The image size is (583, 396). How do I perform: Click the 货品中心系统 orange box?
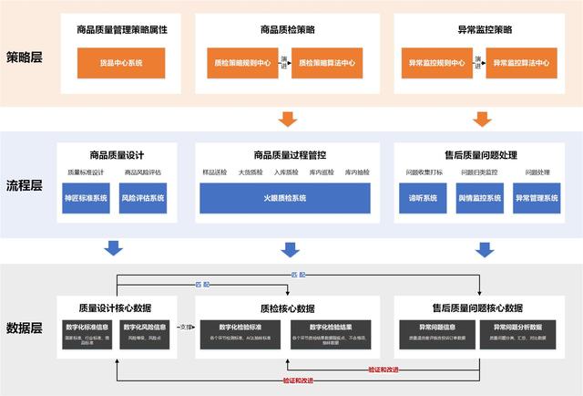[121, 63]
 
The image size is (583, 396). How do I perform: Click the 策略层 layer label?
[28, 56]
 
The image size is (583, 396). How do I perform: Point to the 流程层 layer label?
[28, 186]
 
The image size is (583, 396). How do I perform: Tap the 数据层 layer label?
[28, 326]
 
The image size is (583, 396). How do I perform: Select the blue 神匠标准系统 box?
[86, 198]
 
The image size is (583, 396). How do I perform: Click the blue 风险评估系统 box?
[144, 198]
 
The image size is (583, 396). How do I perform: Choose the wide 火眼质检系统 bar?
[285, 198]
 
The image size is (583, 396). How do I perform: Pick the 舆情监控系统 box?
[479, 198]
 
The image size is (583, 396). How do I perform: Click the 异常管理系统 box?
[537, 198]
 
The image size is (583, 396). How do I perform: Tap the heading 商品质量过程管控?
[285, 153]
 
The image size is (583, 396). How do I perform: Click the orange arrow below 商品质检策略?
[287, 119]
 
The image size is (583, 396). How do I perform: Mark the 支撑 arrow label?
[184, 326]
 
